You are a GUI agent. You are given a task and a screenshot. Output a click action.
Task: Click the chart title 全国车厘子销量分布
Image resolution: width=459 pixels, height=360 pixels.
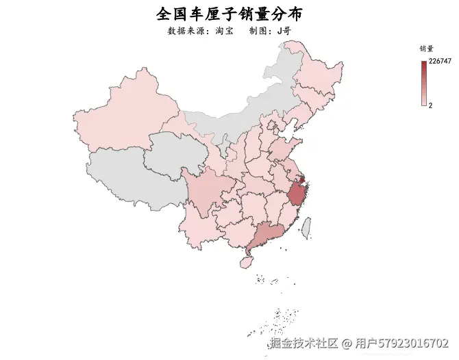pyautogui.click(x=229, y=14)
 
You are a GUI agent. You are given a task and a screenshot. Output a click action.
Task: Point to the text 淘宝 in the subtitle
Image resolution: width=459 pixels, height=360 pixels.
pyautogui.click(x=224, y=31)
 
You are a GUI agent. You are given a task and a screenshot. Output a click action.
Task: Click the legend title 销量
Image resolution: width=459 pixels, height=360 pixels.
pyautogui.click(x=426, y=49)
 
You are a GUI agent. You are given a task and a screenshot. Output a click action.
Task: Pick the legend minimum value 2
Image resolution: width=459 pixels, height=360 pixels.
pyautogui.click(x=430, y=105)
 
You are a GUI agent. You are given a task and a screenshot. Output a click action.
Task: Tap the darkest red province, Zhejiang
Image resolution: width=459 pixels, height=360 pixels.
pyautogui.click(x=297, y=195)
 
